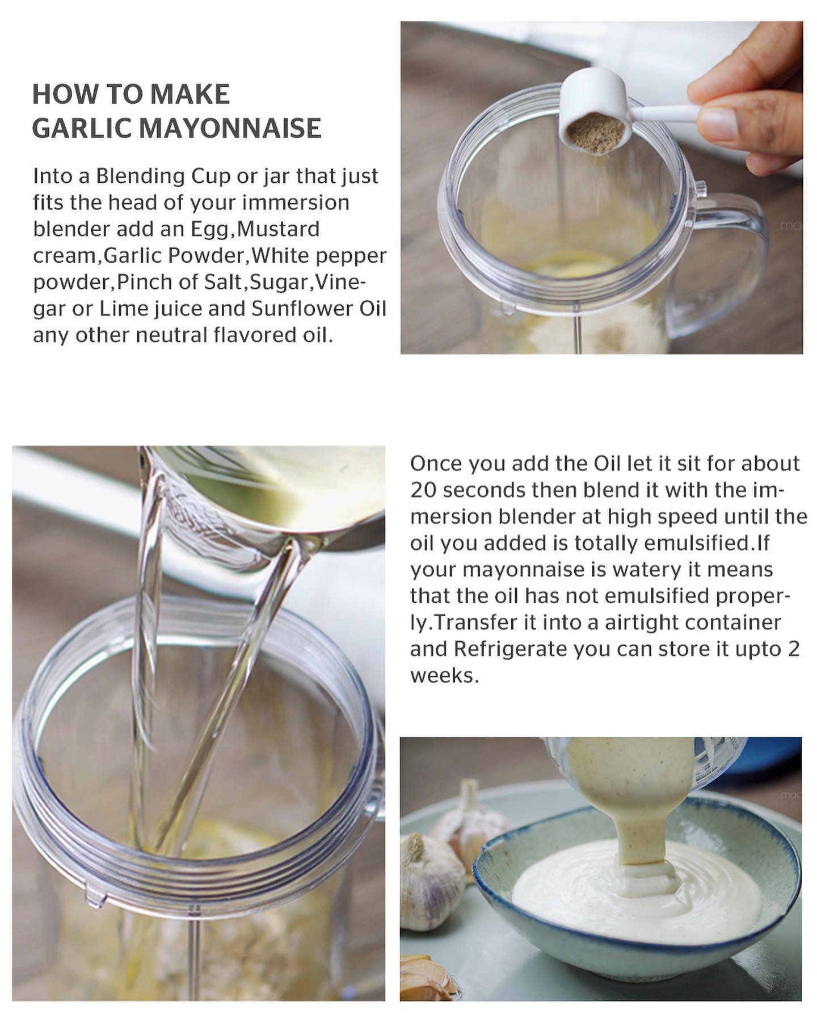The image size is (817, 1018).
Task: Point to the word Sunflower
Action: [x=300, y=308]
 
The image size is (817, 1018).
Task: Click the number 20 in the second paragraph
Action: [x=423, y=490]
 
